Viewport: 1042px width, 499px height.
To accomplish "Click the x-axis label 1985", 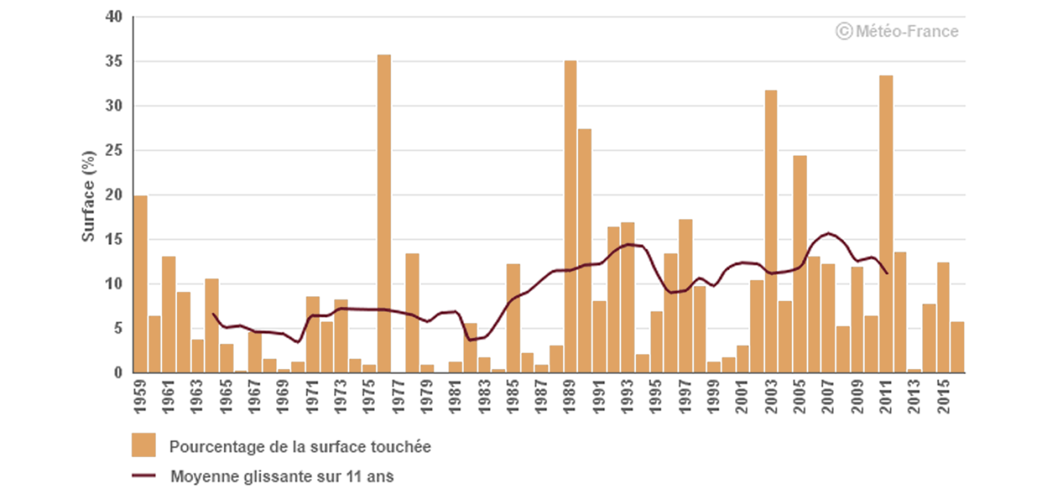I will click(513, 397).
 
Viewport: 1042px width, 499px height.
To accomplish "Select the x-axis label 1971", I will click(312, 397).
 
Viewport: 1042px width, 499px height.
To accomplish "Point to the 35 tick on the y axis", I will click(114, 61).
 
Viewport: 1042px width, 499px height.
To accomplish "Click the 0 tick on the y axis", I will click(118, 373).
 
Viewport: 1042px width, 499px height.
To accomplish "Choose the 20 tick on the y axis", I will click(114, 195).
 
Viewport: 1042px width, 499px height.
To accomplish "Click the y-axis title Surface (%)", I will click(88, 196).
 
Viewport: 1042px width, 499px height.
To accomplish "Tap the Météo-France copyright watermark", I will click(897, 32).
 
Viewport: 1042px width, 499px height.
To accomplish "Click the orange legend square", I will click(143, 445).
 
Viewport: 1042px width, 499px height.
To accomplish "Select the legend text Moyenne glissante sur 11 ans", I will click(282, 476).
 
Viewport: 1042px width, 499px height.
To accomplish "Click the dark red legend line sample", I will click(143, 475).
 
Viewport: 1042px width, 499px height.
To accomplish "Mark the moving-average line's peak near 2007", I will click(828, 233).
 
